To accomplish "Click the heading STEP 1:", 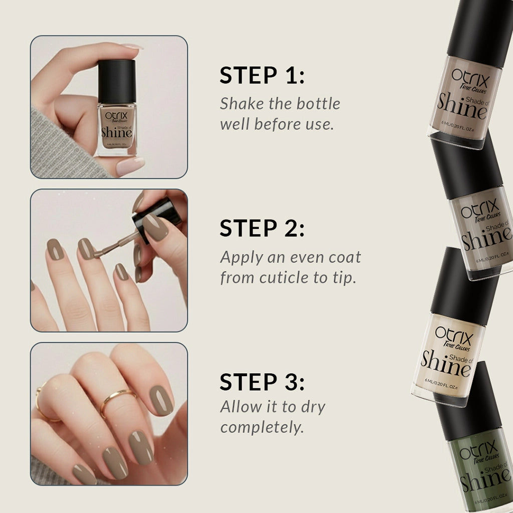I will (262, 75).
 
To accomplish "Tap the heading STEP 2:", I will (262, 228).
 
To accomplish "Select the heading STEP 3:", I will (262, 382).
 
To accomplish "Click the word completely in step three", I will (262, 428).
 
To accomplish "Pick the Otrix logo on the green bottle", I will (478, 447).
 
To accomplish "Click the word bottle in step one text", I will (318, 104).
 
